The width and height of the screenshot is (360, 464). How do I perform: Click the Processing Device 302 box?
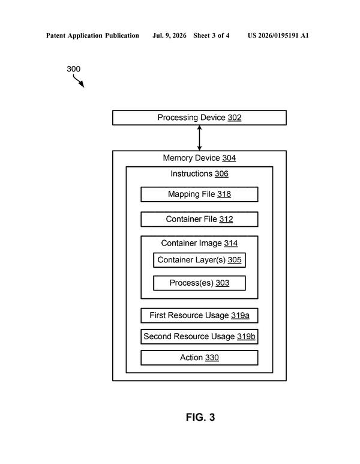click(199, 118)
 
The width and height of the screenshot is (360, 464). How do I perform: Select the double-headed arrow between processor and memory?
click(199, 138)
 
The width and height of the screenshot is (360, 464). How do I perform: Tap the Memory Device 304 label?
click(199, 158)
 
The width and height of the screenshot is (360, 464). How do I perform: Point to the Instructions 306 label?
click(199, 173)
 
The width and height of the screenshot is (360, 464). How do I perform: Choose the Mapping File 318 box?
click(199, 194)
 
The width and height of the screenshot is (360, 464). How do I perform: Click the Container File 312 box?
click(199, 219)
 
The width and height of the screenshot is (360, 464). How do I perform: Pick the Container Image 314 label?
click(199, 243)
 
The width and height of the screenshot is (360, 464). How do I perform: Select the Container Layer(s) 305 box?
click(199, 260)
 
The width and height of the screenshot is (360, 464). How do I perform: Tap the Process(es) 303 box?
click(199, 283)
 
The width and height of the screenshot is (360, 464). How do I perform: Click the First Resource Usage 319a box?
click(199, 316)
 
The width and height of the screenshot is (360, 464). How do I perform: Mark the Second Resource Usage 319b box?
click(199, 337)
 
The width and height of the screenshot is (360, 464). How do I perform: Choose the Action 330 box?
click(199, 358)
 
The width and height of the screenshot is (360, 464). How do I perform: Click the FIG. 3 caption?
click(200, 417)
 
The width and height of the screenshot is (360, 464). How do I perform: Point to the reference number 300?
click(73, 69)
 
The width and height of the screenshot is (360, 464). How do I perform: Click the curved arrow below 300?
click(79, 81)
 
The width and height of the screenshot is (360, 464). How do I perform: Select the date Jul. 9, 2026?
click(169, 36)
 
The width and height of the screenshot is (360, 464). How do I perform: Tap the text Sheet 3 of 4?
click(211, 36)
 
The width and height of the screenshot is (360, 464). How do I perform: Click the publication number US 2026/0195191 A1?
click(278, 36)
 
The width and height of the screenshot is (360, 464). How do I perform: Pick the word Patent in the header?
click(56, 36)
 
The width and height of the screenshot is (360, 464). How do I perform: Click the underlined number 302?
click(235, 118)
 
